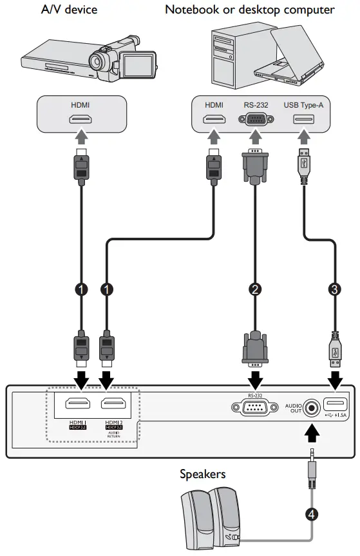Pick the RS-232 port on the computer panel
pyautogui.click(x=255, y=119)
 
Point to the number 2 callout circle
pyautogui.click(x=256, y=289)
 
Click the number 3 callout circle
pyautogui.click(x=334, y=289)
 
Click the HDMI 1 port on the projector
pyautogui.click(x=81, y=406)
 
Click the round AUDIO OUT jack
pyautogui.click(x=312, y=407)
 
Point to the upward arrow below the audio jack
pyautogui.click(x=312, y=433)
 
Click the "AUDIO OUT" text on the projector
pyautogui.click(x=293, y=408)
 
